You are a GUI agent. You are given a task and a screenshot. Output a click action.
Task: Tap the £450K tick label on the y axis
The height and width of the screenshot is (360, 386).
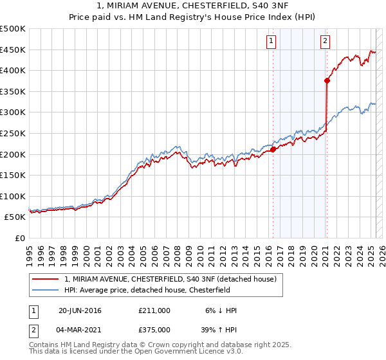point(13,50)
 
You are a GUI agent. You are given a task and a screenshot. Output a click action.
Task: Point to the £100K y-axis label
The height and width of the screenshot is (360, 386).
point(13,196)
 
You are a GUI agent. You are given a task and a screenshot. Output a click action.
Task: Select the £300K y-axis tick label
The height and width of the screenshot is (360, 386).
point(13,112)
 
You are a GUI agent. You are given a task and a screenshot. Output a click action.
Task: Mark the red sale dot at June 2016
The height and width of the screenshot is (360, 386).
point(273,149)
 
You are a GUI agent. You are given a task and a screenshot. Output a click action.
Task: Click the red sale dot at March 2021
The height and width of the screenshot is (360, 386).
point(327,80)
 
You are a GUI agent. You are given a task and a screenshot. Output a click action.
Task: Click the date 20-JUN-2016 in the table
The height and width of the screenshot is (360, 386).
point(80,310)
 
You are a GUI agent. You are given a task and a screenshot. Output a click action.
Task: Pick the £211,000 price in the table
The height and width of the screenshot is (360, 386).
point(154,310)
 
